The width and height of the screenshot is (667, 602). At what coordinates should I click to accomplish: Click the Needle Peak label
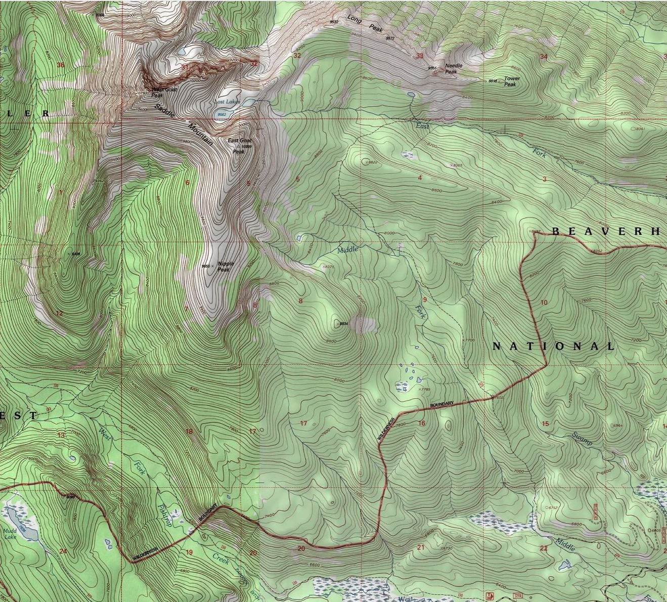coord(451,69)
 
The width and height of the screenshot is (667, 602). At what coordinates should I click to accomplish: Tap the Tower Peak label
coord(511,81)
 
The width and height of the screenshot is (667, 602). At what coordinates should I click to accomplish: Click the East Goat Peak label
coord(239,144)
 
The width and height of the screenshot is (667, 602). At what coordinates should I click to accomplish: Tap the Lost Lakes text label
coord(226,102)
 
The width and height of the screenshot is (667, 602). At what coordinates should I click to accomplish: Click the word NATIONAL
coord(553,347)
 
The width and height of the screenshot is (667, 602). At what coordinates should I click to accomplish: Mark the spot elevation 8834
coord(344,323)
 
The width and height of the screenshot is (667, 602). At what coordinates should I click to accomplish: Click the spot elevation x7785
coord(423,390)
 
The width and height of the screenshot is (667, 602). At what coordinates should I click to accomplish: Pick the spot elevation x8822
coord(371,162)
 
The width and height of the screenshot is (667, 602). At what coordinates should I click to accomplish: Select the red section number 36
coord(61,65)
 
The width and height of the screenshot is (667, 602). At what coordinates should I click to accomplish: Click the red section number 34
coord(544,56)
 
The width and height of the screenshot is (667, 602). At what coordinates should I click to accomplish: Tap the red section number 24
coord(63,551)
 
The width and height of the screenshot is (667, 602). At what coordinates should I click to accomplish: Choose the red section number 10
coord(544,303)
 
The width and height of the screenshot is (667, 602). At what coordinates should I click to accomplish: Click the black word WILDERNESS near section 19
coord(146,553)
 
